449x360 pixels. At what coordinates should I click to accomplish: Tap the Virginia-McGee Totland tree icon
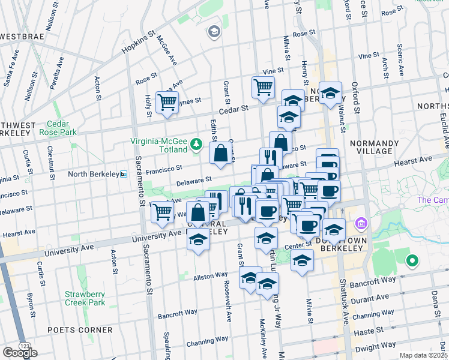(196, 143)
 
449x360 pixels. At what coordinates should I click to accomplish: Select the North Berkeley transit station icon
(124, 174)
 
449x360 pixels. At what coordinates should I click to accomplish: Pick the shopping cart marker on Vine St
(263, 86)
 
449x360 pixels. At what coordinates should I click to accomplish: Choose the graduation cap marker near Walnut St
(330, 93)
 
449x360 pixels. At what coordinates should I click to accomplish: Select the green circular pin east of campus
(412, 261)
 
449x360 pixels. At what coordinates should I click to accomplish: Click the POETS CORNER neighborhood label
(83, 329)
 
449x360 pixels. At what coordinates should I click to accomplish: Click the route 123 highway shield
(25, 347)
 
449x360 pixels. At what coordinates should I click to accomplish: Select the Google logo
(20, 353)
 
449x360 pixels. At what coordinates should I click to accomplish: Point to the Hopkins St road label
(138, 42)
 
